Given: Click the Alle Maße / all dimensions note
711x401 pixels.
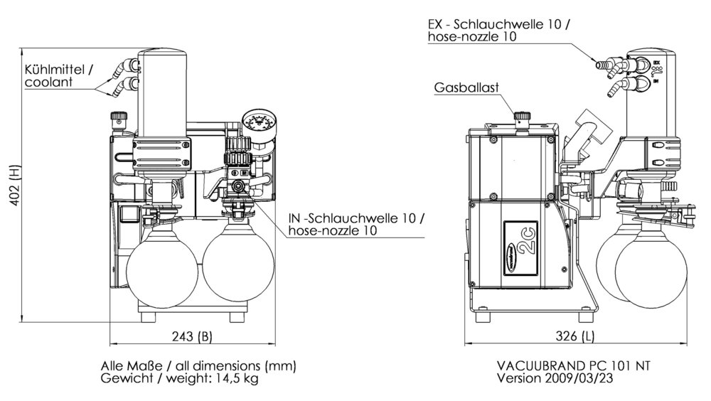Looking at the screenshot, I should [x=198, y=365].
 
